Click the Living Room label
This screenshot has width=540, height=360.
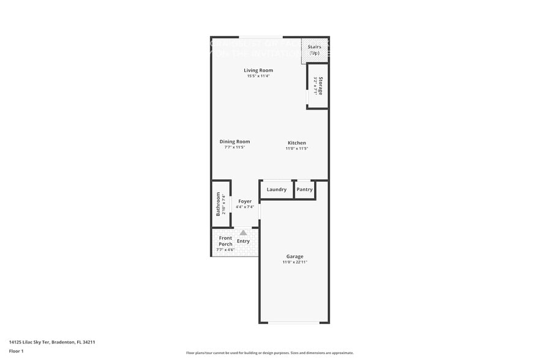click(258, 70)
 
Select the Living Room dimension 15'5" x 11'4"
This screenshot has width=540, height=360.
click(258, 77)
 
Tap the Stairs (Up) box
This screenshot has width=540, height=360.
click(314, 50)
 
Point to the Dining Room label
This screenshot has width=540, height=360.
click(234, 141)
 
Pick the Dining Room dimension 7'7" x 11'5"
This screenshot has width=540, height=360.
click(234, 148)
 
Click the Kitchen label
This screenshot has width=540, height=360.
click(296, 143)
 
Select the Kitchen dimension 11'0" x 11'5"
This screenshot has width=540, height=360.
click(296, 149)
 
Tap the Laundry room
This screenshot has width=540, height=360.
click(276, 190)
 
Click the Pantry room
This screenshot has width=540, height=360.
click(304, 190)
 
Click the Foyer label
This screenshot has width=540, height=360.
click(245, 201)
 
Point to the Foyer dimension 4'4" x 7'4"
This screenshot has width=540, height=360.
click(245, 207)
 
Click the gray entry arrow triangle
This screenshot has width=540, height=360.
click(243, 233)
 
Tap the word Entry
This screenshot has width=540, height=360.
click(243, 241)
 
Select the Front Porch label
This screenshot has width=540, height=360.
click(225, 241)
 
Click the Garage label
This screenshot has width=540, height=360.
click(294, 256)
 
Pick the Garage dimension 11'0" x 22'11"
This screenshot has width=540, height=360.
click(294, 262)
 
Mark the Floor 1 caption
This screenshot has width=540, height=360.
click(16, 351)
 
